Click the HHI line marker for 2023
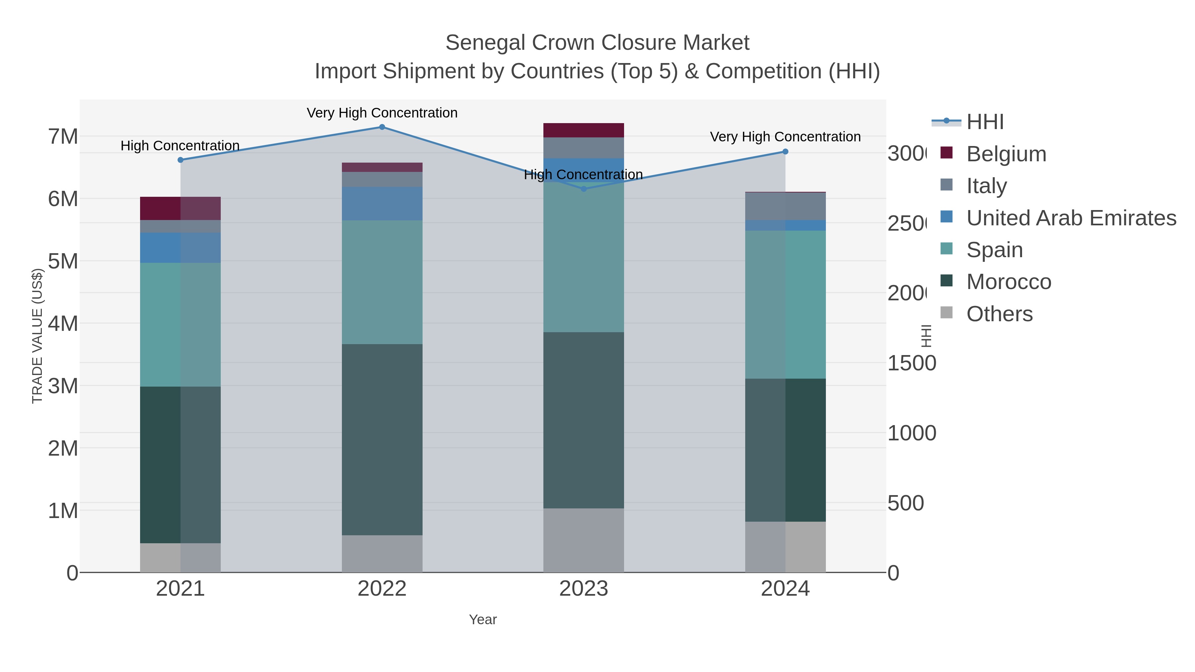(x=584, y=189)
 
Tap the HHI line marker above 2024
(x=785, y=152)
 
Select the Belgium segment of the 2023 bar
(x=584, y=130)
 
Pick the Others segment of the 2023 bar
(x=584, y=540)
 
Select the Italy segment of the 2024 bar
(x=785, y=206)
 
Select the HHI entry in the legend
(x=985, y=122)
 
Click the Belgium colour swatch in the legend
(x=946, y=153)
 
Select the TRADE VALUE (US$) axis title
(x=37, y=336)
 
